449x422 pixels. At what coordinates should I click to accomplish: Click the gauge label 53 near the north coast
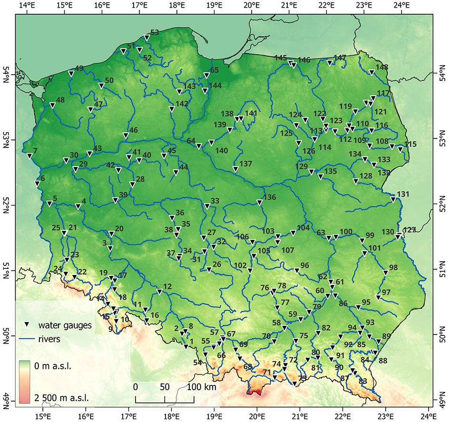[154, 33]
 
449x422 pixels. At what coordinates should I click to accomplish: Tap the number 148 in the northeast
[381, 67]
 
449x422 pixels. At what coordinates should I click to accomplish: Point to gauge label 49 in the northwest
[79, 69]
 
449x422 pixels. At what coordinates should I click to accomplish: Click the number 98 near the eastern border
[393, 268]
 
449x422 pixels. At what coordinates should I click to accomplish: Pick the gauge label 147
[340, 58]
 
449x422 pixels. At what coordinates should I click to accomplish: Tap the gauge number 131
[402, 194]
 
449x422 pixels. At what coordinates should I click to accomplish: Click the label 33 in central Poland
[215, 201]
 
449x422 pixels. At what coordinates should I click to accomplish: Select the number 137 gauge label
[245, 164]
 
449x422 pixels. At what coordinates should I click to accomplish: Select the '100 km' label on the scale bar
[203, 387]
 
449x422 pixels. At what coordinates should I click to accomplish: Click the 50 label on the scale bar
[165, 387]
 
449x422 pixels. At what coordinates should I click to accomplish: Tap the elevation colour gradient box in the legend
[27, 381]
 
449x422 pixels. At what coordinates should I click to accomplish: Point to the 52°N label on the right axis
[443, 206]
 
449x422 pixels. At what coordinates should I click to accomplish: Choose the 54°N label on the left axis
[5, 75]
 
